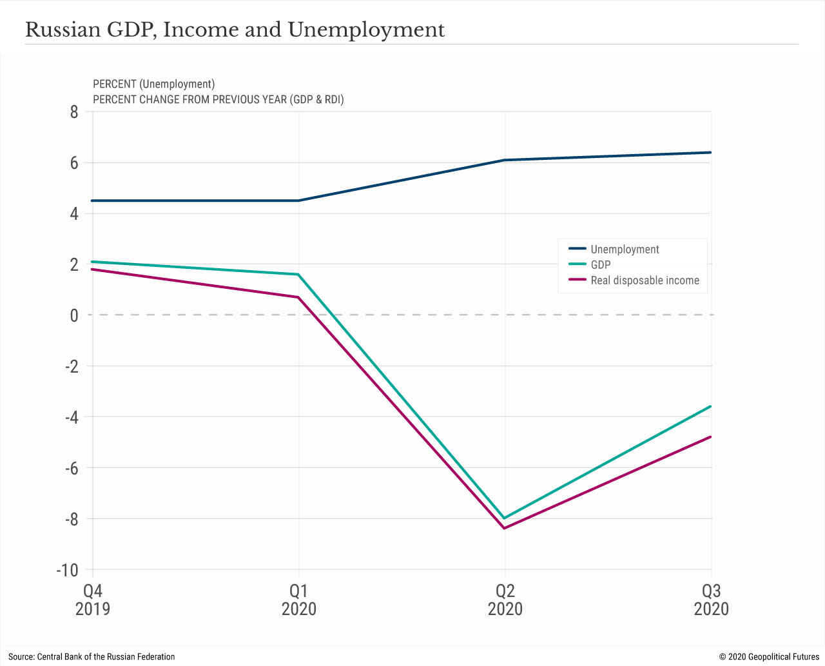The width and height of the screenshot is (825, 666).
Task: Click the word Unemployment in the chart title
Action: click(366, 30)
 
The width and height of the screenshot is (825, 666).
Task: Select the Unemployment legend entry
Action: click(625, 250)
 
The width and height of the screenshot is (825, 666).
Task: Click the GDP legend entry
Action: click(600, 265)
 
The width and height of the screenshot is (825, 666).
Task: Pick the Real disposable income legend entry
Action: click(645, 280)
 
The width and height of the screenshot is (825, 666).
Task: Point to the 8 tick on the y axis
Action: click(73, 112)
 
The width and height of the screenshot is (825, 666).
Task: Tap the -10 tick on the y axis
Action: click(67, 570)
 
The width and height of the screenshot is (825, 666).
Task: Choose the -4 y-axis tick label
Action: click(70, 417)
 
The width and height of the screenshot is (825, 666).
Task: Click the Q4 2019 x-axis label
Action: click(93, 600)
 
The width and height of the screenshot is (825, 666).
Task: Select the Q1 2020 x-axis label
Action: click(299, 600)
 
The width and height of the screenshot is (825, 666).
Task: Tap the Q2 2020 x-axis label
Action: click(505, 600)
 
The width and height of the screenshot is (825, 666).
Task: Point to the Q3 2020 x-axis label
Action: click(711, 600)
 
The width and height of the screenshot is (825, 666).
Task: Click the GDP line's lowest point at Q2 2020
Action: click(505, 518)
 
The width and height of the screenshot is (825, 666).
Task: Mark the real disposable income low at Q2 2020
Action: click(505, 528)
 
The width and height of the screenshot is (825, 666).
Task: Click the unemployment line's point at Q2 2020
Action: click(505, 160)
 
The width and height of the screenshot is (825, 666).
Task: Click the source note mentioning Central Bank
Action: click(92, 656)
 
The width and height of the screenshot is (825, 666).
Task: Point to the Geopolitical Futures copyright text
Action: click(769, 656)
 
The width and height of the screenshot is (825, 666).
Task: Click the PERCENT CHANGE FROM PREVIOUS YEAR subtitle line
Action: click(218, 99)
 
